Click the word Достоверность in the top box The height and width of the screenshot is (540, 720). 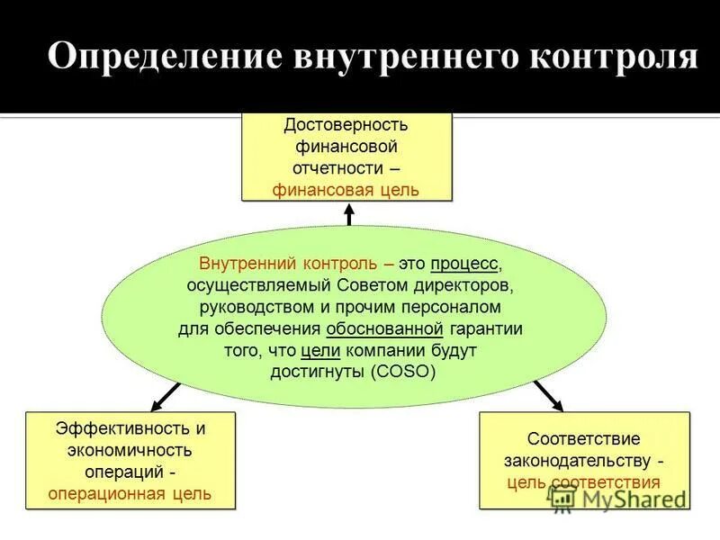(346, 124)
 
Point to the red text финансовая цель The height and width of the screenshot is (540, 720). (346, 190)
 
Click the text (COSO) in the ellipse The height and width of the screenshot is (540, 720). (401, 372)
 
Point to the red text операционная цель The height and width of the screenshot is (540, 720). (130, 493)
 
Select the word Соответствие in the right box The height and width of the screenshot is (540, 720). (584, 439)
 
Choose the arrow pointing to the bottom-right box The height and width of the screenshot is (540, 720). (547, 393)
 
